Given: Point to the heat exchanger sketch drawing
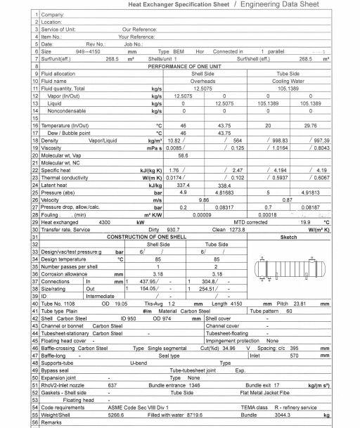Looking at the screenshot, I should pyautogui.click(x=288, y=274).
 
